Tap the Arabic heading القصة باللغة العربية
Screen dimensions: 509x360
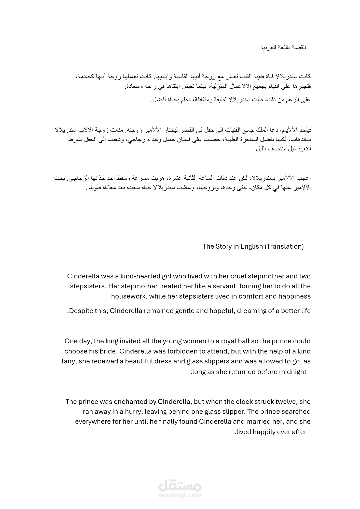coord(283,47)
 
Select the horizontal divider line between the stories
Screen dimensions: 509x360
coord(181,223)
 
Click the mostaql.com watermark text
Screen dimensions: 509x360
coord(180,495)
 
